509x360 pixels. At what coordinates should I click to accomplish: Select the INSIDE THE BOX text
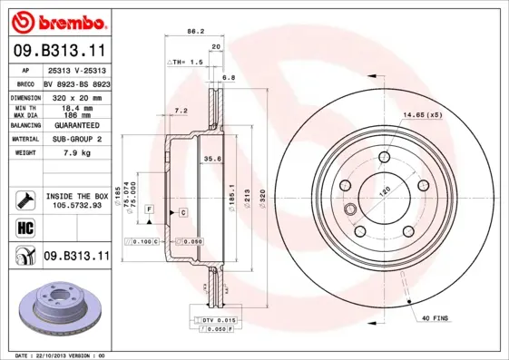click(x=77, y=196)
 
